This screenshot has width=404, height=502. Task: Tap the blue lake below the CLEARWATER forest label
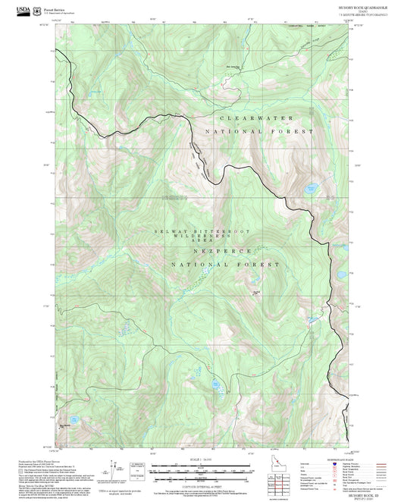tap(311, 187)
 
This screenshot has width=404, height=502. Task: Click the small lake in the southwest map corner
tap(73, 418)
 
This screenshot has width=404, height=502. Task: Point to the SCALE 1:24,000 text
tap(202, 460)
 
